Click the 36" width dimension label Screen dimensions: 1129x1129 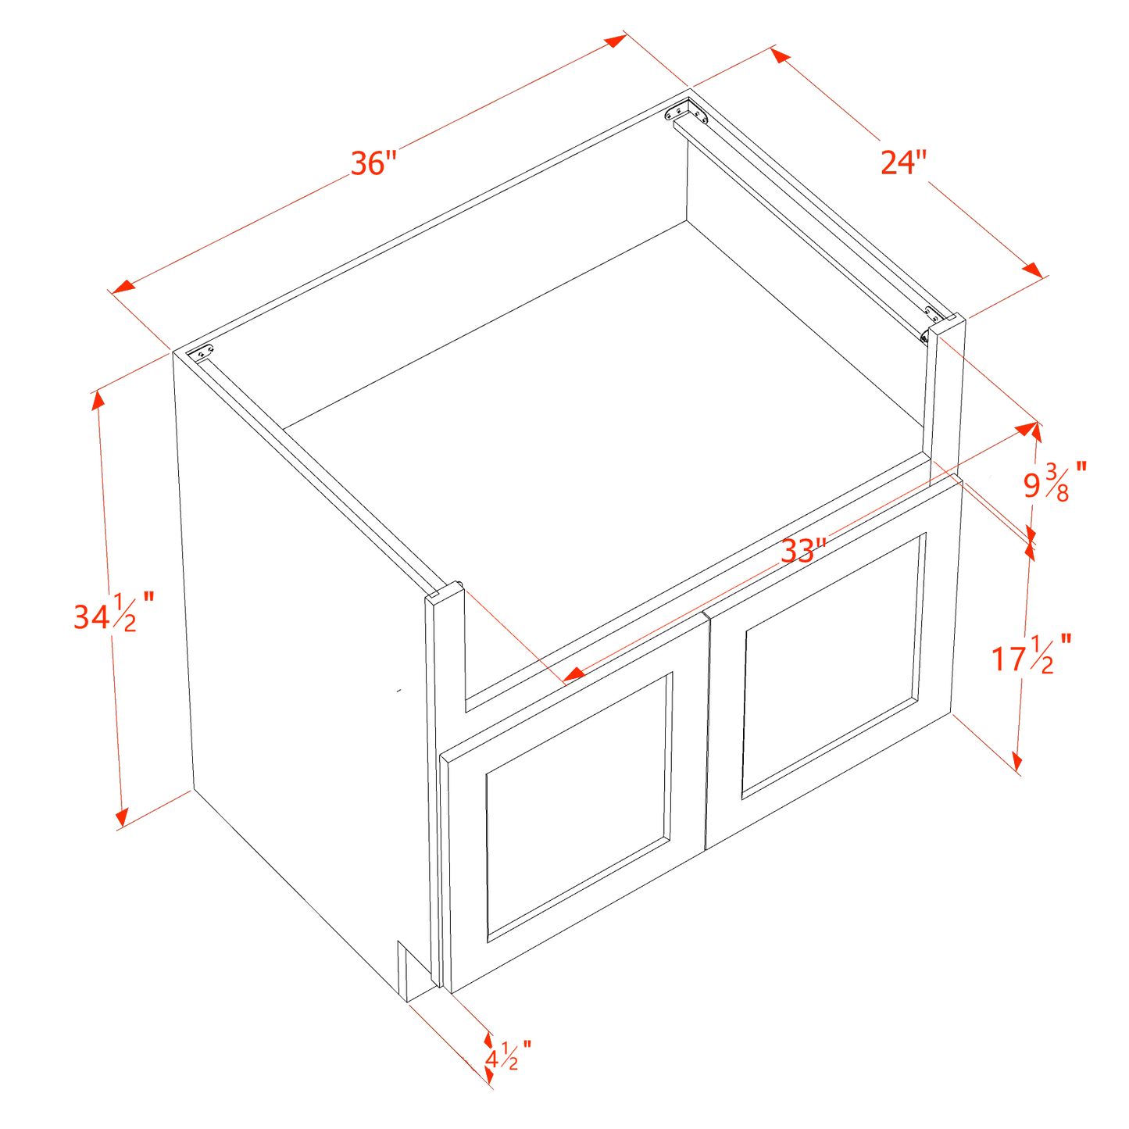[x=373, y=163]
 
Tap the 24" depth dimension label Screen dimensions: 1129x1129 [x=904, y=163]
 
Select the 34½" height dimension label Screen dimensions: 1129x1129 [x=114, y=613]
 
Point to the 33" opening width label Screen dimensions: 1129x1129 [x=803, y=550]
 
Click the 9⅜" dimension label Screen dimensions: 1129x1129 [x=1055, y=482]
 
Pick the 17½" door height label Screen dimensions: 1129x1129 [x=1031, y=654]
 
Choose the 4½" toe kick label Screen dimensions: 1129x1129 [x=508, y=1056]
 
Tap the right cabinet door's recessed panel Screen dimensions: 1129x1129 [x=834, y=665]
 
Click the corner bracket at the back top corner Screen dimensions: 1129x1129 [x=687, y=111]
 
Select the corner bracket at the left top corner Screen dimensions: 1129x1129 [x=200, y=353]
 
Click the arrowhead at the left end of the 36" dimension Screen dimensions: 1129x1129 [x=123, y=287]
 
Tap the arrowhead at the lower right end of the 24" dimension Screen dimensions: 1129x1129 [x=1032, y=270]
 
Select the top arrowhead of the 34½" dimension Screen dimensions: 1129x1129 [x=98, y=400]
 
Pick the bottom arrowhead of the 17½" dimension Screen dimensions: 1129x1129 [x=1017, y=761]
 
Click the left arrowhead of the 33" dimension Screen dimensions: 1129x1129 [x=575, y=674]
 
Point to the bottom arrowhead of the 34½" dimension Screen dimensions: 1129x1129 [x=122, y=817]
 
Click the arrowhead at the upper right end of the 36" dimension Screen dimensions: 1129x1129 [x=616, y=41]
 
